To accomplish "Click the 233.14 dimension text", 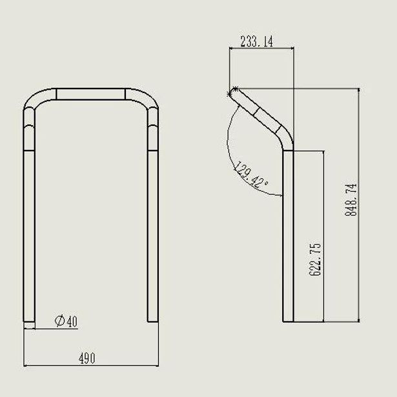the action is [257, 41].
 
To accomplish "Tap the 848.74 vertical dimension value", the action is [351, 199].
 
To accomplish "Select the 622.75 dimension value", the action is [315, 260].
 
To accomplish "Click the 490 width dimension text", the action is [87, 358].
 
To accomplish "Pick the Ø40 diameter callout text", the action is [66, 321].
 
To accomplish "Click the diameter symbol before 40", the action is [60, 321].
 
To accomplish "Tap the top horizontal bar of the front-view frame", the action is [90, 94].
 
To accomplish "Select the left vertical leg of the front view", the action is [29, 236].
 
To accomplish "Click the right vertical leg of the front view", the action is [153, 236].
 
